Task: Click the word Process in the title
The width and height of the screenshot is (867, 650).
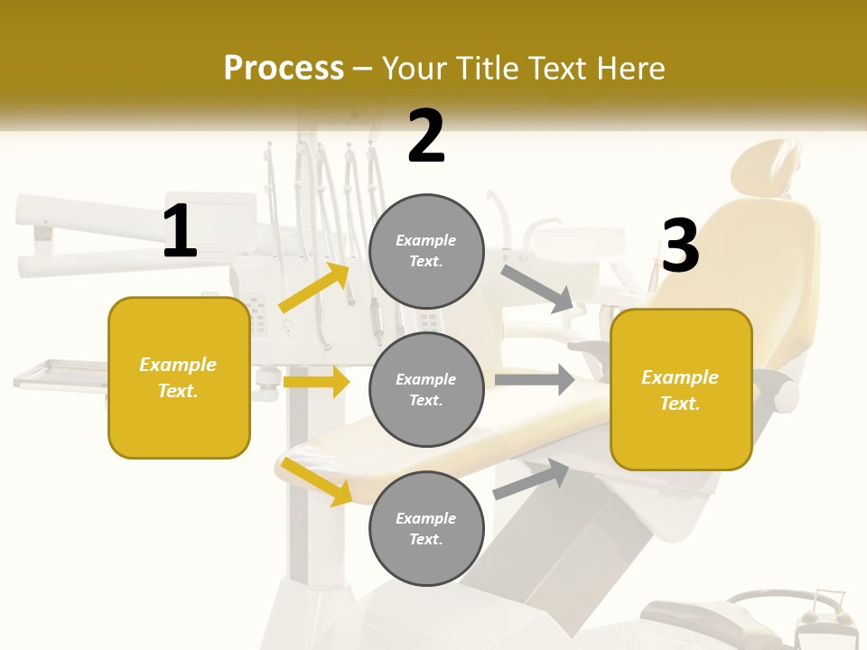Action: [284, 68]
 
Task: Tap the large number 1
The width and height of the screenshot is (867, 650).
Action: [180, 232]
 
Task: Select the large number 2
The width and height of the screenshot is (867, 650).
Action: [426, 136]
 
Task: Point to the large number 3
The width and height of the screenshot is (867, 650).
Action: [680, 246]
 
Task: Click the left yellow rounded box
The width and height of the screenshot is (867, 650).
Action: [179, 377]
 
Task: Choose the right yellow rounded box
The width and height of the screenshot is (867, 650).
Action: [681, 389]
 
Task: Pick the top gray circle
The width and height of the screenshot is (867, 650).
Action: [426, 251]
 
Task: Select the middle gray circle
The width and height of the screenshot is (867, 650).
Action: [426, 389]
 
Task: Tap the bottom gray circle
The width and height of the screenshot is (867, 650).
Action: [426, 528]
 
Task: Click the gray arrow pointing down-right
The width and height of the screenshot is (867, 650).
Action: [537, 288]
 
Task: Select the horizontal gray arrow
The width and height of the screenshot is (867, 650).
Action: [535, 379]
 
